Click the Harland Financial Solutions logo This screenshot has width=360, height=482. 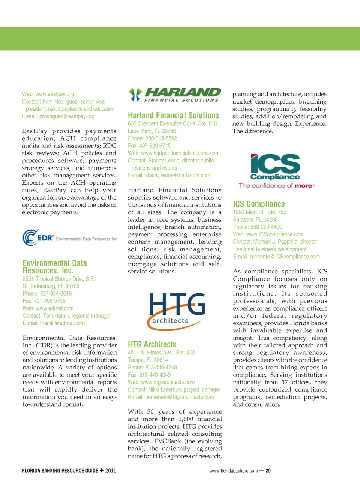[174, 95]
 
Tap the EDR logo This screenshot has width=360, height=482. [70, 238]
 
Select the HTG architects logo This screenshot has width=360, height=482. [177, 311]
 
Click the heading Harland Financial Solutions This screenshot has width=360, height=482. [173, 116]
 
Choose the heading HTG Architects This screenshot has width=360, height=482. [152, 344]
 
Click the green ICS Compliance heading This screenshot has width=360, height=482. [259, 204]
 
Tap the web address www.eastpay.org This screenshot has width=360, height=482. [55, 94]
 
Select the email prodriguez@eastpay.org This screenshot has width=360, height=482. [67, 116]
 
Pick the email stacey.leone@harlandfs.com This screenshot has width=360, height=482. [177, 175]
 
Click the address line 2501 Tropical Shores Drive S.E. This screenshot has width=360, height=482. [59, 279]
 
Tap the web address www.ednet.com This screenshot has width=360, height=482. [55, 308]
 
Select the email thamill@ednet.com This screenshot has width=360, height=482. [62, 323]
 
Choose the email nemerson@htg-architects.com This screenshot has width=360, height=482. [179, 397]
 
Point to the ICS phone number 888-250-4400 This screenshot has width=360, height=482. [266, 227]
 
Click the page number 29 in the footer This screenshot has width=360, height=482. [268, 471]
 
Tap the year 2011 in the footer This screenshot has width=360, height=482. [111, 471]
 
